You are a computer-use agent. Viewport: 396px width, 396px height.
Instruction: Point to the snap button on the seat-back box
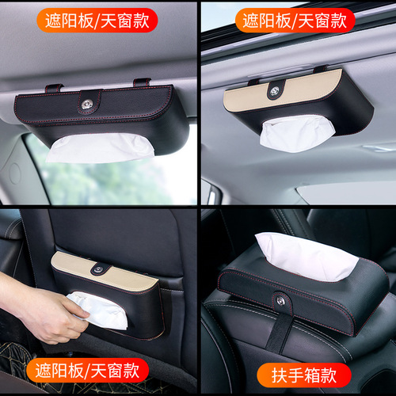[x=97, y=269]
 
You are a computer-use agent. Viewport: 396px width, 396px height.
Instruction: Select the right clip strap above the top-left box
[x=142, y=82]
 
